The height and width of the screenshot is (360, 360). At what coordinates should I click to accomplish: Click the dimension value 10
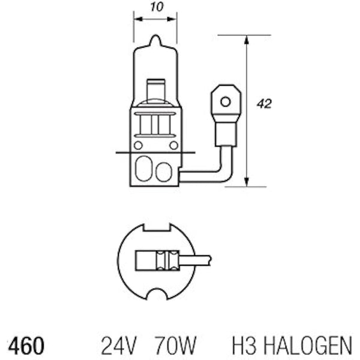(155, 8)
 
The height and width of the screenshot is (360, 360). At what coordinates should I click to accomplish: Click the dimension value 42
(264, 104)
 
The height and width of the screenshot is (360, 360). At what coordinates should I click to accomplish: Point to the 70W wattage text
(175, 346)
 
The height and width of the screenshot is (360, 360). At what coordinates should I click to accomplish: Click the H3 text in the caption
(244, 346)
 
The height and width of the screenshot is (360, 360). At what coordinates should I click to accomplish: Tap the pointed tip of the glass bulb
(155, 38)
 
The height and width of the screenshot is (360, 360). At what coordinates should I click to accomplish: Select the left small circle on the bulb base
(138, 145)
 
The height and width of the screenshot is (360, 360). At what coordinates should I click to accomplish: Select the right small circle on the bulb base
(173, 145)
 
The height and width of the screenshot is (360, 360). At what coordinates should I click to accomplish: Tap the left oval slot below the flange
(143, 171)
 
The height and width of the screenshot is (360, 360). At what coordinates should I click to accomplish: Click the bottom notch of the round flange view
(156, 295)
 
